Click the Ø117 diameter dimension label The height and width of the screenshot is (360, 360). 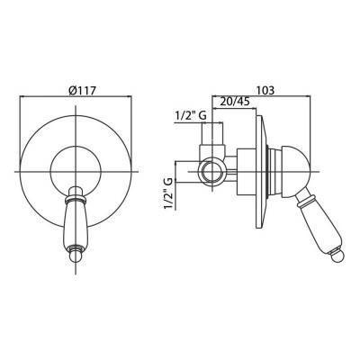[x=82, y=90]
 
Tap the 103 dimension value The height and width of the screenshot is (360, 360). [x=265, y=90]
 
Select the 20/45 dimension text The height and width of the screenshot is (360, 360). [x=235, y=102]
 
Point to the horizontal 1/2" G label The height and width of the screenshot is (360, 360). [x=191, y=116]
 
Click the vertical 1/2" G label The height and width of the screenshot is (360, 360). [x=168, y=193]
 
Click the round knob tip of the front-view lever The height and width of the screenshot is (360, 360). [x=75, y=256]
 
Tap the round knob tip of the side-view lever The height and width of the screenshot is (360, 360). [x=337, y=256]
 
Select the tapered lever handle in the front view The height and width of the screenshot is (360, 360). [x=75, y=224]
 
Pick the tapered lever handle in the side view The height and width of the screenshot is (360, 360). [x=318, y=227]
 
